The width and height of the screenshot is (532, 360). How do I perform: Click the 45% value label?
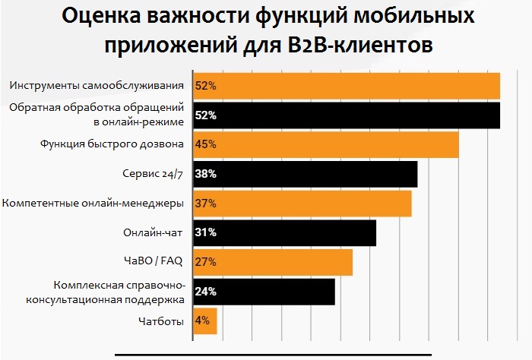coord(206,144)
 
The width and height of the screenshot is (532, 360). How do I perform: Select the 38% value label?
coord(206,174)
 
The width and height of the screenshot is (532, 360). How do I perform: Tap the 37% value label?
coord(206,204)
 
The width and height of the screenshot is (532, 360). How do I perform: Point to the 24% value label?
coord(206,292)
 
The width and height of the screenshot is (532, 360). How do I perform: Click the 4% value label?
coord(202,321)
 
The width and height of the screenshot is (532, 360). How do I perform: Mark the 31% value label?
coord(206,232)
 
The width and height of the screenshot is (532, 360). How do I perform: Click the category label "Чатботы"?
coord(161,321)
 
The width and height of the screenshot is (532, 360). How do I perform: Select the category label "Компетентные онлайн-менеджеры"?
coord(93,204)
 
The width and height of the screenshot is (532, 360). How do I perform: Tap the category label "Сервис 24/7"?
coord(154,174)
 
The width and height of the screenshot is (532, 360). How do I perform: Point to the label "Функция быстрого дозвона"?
coord(111,144)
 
